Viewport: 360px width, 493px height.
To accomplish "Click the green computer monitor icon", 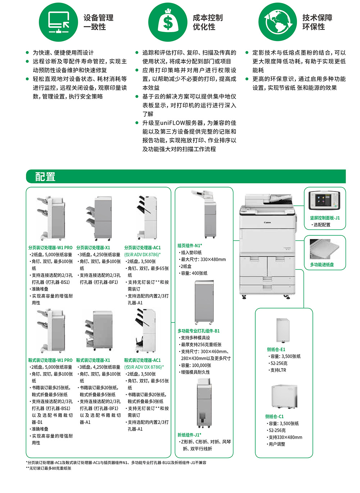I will click(58, 22).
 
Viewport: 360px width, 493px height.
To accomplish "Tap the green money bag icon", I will click(167, 22).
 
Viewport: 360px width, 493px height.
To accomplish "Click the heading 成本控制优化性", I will click(207, 22).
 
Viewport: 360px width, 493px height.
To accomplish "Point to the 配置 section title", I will click(45, 177).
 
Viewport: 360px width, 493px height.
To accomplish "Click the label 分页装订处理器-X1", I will click(93, 248).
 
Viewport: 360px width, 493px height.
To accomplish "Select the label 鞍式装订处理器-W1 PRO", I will click(50, 360).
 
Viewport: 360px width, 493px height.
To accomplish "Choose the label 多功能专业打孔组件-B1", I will click(198, 331).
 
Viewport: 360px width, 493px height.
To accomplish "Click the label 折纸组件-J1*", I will click(189, 435).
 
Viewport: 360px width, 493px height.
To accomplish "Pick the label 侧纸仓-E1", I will click(276, 349).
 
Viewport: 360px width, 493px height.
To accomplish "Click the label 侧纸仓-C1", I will click(275, 416).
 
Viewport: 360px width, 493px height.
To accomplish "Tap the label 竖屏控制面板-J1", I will click(325, 218).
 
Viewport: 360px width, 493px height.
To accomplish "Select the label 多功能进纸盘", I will click(322, 264).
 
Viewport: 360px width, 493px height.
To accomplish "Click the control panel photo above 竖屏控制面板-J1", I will click(324, 200).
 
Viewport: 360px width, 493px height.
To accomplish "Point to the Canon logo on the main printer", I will click(267, 222).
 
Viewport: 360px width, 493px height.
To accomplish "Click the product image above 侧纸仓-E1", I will click(283, 330).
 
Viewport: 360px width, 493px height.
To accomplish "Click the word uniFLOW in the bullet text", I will click(170, 123).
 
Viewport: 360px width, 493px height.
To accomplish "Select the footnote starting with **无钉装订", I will click(49, 468).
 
